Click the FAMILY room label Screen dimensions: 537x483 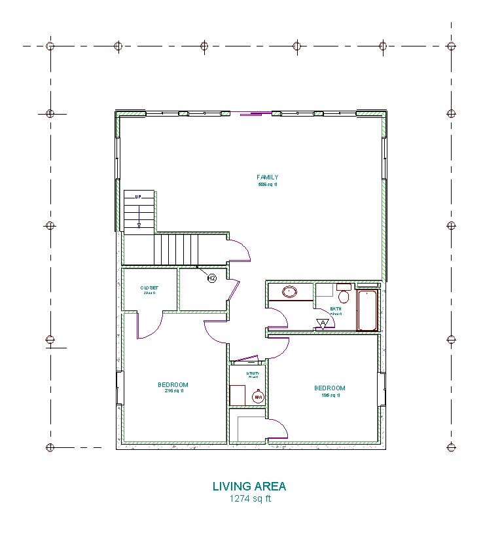point(267,177)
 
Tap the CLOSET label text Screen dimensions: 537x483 point(149,287)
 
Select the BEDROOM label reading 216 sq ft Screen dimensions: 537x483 point(173,384)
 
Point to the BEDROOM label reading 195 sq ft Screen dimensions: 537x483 point(329,388)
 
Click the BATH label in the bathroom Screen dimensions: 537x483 point(335,308)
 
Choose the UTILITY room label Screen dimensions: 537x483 point(253,374)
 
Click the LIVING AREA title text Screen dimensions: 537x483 point(249,486)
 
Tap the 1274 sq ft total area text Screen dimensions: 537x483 point(249,498)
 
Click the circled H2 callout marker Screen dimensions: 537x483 point(211,278)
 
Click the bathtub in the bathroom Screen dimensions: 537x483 point(367,310)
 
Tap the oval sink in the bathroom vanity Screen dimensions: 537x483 point(289,291)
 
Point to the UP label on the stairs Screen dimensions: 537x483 point(138,196)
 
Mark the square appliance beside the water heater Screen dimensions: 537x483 point(237,395)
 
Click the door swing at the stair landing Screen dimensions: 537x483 point(240,250)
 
